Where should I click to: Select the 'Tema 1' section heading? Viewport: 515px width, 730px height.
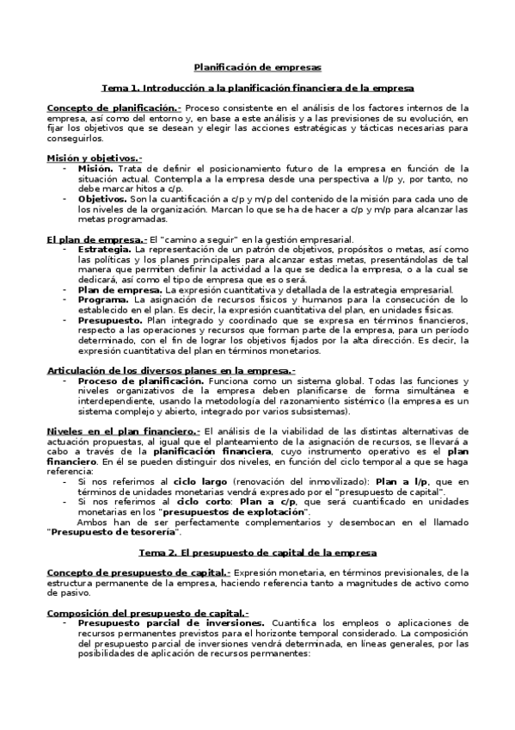[x=257, y=88]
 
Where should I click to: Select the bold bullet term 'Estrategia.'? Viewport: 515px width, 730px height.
[x=106, y=249]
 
